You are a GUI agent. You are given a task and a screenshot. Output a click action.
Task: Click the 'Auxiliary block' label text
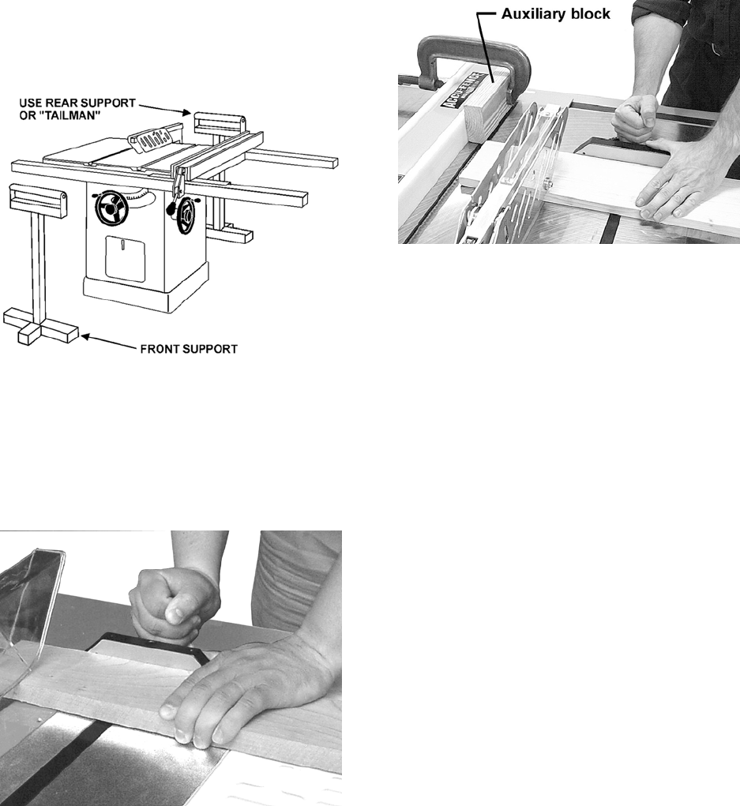pyautogui.click(x=555, y=14)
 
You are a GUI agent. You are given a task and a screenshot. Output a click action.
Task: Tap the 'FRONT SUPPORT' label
pyautogui.click(x=189, y=349)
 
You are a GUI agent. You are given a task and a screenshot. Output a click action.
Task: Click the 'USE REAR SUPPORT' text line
pyautogui.click(x=77, y=103)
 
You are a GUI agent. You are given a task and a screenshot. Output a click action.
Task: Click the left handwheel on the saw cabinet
pyautogui.click(x=111, y=208)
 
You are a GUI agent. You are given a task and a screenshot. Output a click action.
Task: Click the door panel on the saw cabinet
pyautogui.click(x=125, y=259)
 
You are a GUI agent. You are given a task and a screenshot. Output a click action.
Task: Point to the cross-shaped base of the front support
pyautogui.click(x=40, y=325)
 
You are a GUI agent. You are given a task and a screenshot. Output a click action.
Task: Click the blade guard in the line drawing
pyautogui.click(x=153, y=138)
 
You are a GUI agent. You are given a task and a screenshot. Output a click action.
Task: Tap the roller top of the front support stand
pyautogui.click(x=39, y=200)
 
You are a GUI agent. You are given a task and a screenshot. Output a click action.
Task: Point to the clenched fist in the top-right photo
pyautogui.click(x=636, y=118)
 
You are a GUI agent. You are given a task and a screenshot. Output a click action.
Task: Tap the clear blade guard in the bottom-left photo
pyautogui.click(x=31, y=612)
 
